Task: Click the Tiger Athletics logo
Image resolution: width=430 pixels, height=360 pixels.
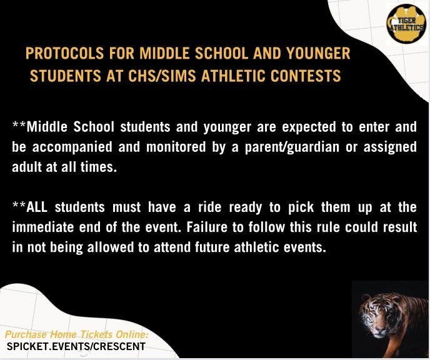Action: pyautogui.click(x=407, y=24)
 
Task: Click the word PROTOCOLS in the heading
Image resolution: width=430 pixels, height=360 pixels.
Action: pyautogui.click(x=65, y=54)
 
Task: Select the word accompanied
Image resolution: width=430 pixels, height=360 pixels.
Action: pyautogui.click(x=72, y=147)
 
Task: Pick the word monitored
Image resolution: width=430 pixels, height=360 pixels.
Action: pyautogui.click(x=176, y=147)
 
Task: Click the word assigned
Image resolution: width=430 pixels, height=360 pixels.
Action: pyautogui.click(x=390, y=147)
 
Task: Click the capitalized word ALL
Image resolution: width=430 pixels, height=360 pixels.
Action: pyautogui.click(x=37, y=207)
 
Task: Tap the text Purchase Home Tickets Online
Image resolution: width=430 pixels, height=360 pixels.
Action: pyautogui.click(x=77, y=335)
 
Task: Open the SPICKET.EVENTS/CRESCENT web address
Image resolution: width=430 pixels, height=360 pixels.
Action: pyautogui.click(x=76, y=347)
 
